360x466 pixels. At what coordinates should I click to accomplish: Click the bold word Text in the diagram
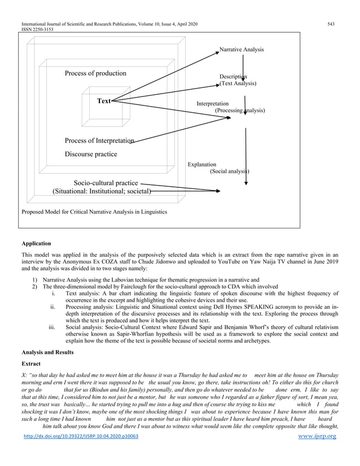pyautogui.click(x=104, y=102)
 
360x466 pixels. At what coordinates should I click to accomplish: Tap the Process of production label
pyautogui.click(x=95, y=73)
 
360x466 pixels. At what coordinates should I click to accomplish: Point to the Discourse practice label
pyautogui.click(x=91, y=154)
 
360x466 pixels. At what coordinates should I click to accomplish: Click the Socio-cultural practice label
pyautogui.click(x=106, y=183)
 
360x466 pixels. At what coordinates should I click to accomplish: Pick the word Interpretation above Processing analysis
pyautogui.click(x=212, y=104)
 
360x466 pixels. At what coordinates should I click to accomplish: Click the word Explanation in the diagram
pyautogui.click(x=202, y=164)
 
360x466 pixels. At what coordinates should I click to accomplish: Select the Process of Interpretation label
pyautogui.click(x=99, y=140)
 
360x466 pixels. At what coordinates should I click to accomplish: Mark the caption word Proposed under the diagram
pyautogui.click(x=34, y=212)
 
